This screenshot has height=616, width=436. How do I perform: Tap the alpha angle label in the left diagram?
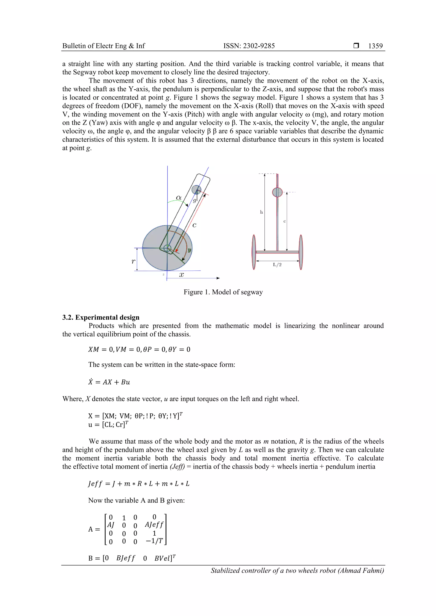tap(178, 198)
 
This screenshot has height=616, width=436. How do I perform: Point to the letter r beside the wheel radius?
tap(133, 261)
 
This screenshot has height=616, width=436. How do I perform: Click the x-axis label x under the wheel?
tap(182, 275)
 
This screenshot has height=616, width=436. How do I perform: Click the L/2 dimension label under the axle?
tap(277, 265)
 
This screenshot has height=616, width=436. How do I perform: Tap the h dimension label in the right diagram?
tap(261, 212)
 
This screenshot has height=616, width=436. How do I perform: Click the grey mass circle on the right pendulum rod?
tap(277, 192)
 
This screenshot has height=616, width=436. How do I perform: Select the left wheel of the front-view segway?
tap(254, 252)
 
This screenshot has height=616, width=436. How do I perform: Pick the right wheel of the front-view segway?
tap(301, 252)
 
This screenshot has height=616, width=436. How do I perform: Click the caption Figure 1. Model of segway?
tap(223, 292)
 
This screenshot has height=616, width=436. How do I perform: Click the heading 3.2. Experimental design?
tap(101, 317)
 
